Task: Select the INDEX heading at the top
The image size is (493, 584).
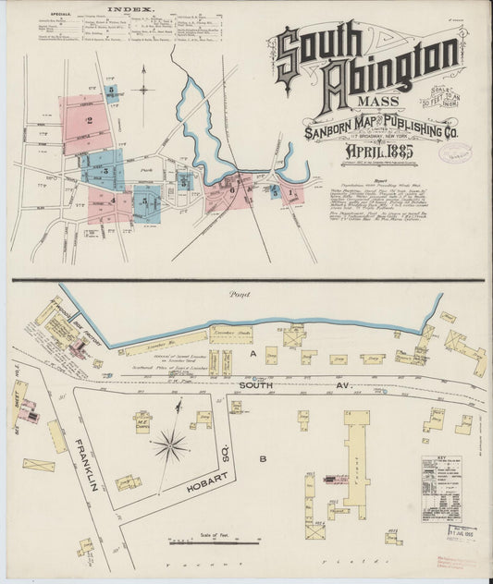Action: click(x=129, y=9)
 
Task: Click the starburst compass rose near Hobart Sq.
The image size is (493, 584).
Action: click(x=171, y=448)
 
